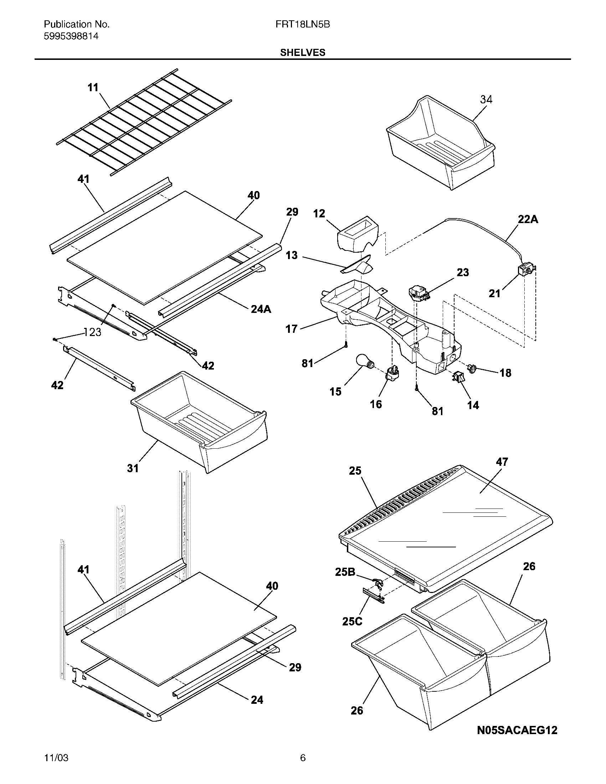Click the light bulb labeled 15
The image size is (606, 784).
364,360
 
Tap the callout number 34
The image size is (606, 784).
486,99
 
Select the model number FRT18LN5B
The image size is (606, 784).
302,24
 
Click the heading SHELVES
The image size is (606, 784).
303,52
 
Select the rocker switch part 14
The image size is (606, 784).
458,377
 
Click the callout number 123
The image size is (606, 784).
93,332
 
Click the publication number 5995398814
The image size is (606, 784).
71,36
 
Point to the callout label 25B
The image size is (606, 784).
345,572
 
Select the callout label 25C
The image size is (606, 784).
352,621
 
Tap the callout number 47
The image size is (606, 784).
502,461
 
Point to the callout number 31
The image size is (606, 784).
133,468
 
